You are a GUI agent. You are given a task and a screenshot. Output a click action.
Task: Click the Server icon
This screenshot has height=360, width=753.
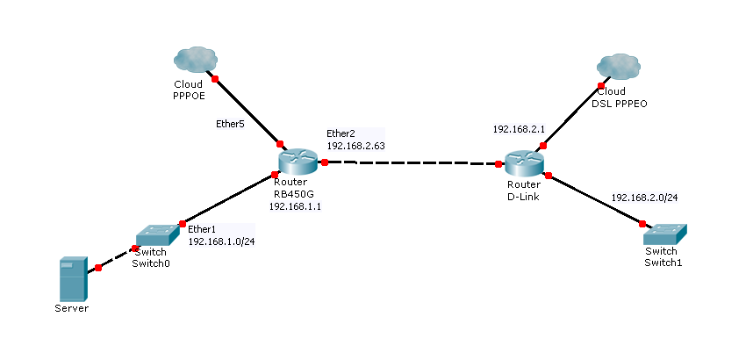pyautogui.click(x=74, y=279)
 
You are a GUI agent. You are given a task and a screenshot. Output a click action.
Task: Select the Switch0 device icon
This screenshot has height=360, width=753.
pyautogui.click(x=157, y=235)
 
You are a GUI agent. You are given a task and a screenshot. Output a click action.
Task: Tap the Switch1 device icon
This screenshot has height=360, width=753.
pyautogui.click(x=665, y=235)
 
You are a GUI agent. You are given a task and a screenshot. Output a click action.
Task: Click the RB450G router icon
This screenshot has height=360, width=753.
pyautogui.click(x=298, y=162)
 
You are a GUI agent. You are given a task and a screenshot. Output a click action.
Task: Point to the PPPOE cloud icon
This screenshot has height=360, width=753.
pyautogui.click(x=196, y=60)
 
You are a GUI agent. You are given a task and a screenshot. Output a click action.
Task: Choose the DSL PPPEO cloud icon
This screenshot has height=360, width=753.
pyautogui.click(x=619, y=67)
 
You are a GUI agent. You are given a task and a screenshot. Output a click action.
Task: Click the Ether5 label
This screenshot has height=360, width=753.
pyautogui.click(x=231, y=124)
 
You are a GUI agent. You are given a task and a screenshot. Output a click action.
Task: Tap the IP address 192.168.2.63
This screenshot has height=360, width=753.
pyautogui.click(x=355, y=146)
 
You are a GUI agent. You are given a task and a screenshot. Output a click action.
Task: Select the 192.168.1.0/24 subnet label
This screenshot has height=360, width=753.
pyautogui.click(x=221, y=241)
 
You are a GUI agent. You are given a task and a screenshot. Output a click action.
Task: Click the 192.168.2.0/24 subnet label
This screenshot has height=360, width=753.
pyautogui.click(x=644, y=198)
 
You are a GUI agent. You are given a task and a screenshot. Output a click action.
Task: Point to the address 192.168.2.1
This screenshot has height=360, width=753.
pyautogui.click(x=520, y=129)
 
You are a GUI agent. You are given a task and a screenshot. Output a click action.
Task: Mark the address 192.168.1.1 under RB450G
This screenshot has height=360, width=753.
pyautogui.click(x=296, y=206)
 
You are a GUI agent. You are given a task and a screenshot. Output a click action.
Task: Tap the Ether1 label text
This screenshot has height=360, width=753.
pyautogui.click(x=202, y=229)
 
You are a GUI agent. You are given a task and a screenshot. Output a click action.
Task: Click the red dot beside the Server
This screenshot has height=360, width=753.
pyautogui.click(x=98, y=268)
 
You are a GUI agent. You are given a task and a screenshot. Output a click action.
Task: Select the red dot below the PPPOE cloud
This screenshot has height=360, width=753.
pyautogui.click(x=215, y=79)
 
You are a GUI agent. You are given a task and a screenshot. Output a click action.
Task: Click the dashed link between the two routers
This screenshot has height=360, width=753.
pyautogui.click(x=412, y=163)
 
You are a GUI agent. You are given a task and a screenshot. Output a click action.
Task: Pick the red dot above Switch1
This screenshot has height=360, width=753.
pyautogui.click(x=642, y=223)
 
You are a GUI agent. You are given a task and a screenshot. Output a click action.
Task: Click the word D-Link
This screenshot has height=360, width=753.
pyautogui.click(x=523, y=197)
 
